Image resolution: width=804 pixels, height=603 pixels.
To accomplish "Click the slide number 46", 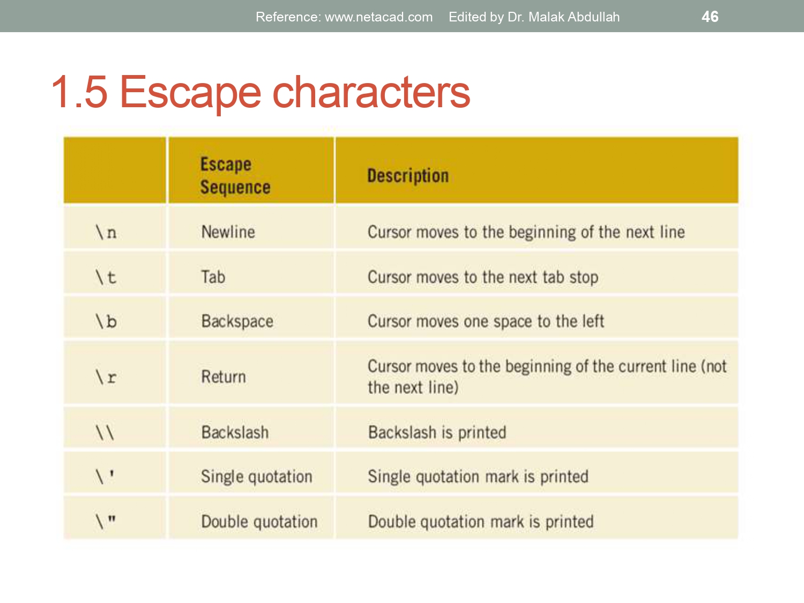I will pyautogui.click(x=710, y=17).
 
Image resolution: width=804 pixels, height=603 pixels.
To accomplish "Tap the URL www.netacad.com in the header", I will pyautogui.click(x=378, y=17).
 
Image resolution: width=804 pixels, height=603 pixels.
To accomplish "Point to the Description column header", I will pyautogui.click(x=408, y=176).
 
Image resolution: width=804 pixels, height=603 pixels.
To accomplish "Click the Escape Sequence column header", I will pyautogui.click(x=235, y=175).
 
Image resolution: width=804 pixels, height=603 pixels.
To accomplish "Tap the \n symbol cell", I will pyautogui.click(x=106, y=232).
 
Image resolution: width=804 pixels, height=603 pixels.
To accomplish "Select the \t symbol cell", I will pyautogui.click(x=106, y=277).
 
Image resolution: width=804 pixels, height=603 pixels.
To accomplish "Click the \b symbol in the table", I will pyautogui.click(x=106, y=321).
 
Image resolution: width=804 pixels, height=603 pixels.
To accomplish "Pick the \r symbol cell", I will pyautogui.click(x=106, y=377).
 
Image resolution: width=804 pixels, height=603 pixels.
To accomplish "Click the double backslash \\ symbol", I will pyautogui.click(x=105, y=432).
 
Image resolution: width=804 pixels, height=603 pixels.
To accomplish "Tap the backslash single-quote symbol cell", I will pyautogui.click(x=105, y=476).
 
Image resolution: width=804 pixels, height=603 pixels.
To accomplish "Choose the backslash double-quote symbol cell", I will pyautogui.click(x=106, y=521).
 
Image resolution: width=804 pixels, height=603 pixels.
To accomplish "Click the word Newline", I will pyautogui.click(x=228, y=232).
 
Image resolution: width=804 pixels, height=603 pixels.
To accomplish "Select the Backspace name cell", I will pyautogui.click(x=237, y=321).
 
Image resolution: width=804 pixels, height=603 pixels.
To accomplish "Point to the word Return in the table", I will pyautogui.click(x=224, y=377).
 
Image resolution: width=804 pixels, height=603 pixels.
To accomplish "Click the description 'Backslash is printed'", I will pyautogui.click(x=437, y=432).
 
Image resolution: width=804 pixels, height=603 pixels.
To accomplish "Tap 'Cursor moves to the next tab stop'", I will pyautogui.click(x=482, y=277).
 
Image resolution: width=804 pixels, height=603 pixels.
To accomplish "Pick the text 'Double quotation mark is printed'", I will pyautogui.click(x=480, y=522).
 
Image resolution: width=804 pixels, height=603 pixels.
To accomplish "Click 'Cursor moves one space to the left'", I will pyautogui.click(x=486, y=321).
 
